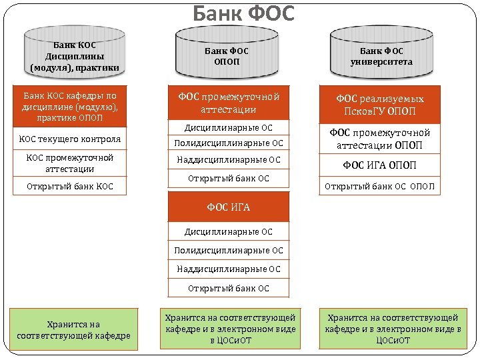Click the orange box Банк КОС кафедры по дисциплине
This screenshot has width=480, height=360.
tap(69, 106)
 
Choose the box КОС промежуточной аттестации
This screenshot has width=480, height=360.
tap(69, 163)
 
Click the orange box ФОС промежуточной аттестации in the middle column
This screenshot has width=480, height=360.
tap(229, 103)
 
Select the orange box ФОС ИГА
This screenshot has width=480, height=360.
tap(229, 207)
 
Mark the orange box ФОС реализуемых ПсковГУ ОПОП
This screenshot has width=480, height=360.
tap(379, 105)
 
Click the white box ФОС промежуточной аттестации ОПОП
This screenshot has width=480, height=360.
tap(379, 139)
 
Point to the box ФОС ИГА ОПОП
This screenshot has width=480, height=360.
tap(379, 165)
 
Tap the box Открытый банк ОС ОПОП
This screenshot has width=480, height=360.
tap(379, 186)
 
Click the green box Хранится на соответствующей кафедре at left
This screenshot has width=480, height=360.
tap(74, 329)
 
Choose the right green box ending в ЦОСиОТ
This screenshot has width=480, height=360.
tap(393, 329)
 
